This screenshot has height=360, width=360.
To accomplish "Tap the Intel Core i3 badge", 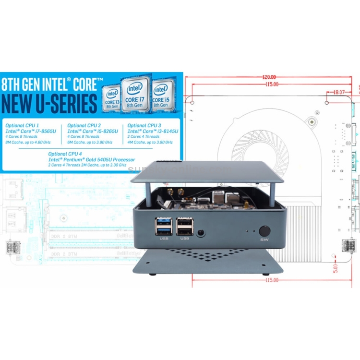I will click(x=112, y=97).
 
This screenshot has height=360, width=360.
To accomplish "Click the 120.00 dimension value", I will click(x=269, y=77).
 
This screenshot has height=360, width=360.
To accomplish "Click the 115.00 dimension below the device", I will click(x=272, y=280).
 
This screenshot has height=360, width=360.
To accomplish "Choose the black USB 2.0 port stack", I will click(x=184, y=225).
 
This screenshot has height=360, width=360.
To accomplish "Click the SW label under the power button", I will click(x=264, y=240).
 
